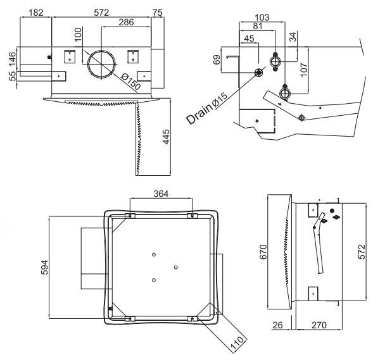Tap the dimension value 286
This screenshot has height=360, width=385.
(x=126, y=23)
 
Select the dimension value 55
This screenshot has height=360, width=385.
(x=11, y=77)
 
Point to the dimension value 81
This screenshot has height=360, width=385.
(x=256, y=27)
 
